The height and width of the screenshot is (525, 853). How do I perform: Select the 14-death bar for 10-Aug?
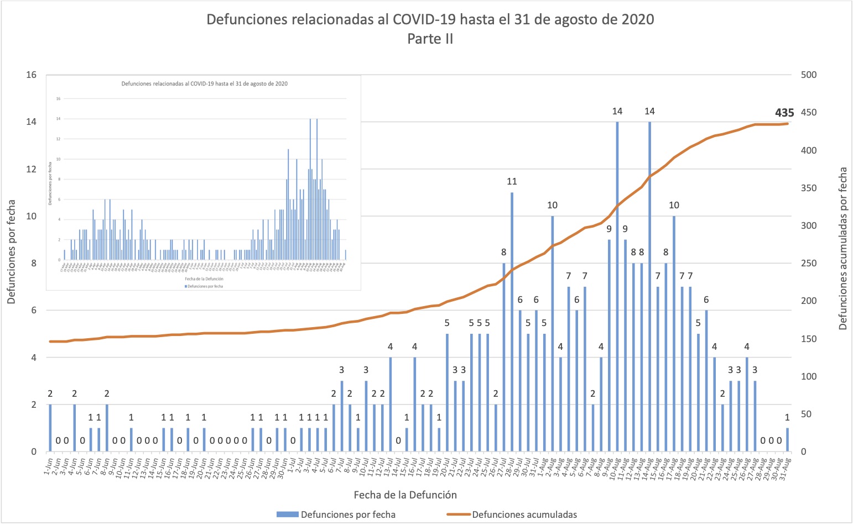[x=617, y=287]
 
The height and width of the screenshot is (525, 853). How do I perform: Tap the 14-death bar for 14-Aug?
[x=649, y=287]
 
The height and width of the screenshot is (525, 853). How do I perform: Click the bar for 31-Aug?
[x=787, y=440]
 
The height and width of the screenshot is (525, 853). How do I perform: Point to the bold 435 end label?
[x=784, y=113]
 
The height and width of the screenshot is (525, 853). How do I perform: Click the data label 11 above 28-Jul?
[x=512, y=181]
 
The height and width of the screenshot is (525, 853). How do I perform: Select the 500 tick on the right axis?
[x=809, y=75]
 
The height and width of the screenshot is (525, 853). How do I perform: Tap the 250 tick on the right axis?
[x=809, y=263]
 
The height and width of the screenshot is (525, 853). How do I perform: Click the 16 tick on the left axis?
[x=32, y=75]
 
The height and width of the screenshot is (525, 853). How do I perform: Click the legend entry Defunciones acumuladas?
[x=524, y=514]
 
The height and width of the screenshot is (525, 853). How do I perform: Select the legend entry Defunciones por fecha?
[x=348, y=514]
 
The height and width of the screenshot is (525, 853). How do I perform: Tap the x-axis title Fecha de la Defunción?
[x=405, y=495]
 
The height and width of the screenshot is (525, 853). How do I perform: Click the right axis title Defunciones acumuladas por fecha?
[x=843, y=249]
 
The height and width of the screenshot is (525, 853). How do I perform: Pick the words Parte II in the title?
[x=430, y=39]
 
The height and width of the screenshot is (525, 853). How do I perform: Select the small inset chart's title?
[x=204, y=83]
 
